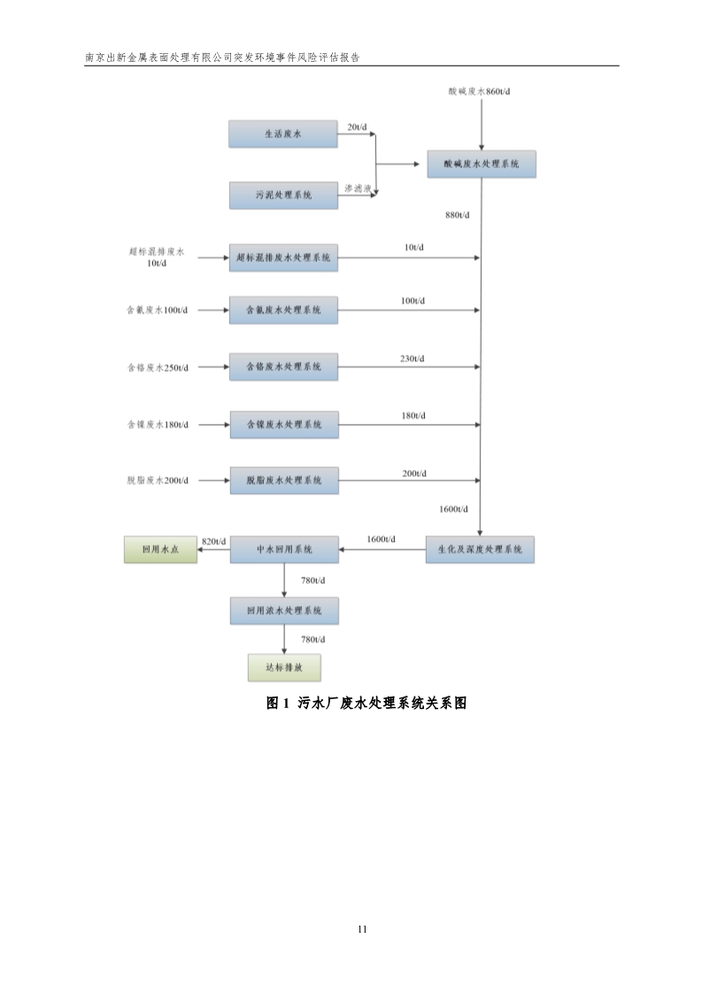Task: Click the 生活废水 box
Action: click(x=283, y=135)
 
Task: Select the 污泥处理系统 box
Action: click(x=283, y=195)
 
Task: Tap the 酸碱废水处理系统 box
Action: click(x=481, y=165)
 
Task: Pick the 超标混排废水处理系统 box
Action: click(x=283, y=258)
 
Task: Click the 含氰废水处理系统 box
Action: click(x=283, y=311)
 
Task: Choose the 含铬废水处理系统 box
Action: click(x=283, y=366)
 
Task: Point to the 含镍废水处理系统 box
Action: click(x=283, y=425)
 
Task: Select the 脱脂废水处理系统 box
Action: click(x=283, y=481)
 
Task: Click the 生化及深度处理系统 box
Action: click(x=480, y=550)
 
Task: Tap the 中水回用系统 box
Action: click(x=284, y=550)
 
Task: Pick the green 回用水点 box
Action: click(x=160, y=550)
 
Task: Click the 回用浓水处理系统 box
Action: click(x=284, y=611)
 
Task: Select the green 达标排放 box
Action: click(x=283, y=667)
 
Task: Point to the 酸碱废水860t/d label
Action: click(x=480, y=92)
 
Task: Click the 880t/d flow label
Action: click(x=458, y=215)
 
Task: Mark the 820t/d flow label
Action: click(x=214, y=541)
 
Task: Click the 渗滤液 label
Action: click(x=357, y=188)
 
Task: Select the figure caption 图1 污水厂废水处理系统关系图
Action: click(x=366, y=704)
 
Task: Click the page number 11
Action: click(x=362, y=929)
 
